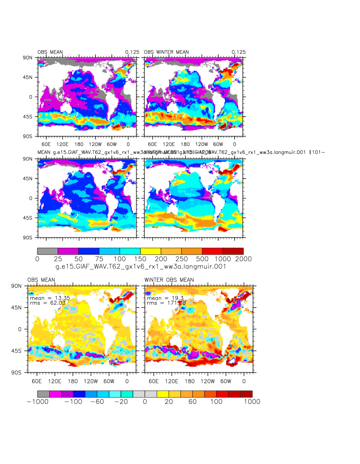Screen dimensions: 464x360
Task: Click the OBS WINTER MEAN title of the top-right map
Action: click(x=166, y=52)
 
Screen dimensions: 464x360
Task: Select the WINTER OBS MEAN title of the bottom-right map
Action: click(x=169, y=280)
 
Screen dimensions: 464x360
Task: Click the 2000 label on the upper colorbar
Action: click(x=243, y=259)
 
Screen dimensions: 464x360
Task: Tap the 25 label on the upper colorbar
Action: click(x=58, y=259)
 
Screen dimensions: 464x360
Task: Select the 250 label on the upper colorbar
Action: click(x=181, y=259)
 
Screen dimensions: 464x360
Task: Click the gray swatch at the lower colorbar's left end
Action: click(x=43, y=394)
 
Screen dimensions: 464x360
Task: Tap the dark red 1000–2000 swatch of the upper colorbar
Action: click(x=233, y=251)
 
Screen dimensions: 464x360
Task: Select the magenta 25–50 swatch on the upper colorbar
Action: click(x=68, y=251)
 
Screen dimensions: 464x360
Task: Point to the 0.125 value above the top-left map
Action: click(x=132, y=52)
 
